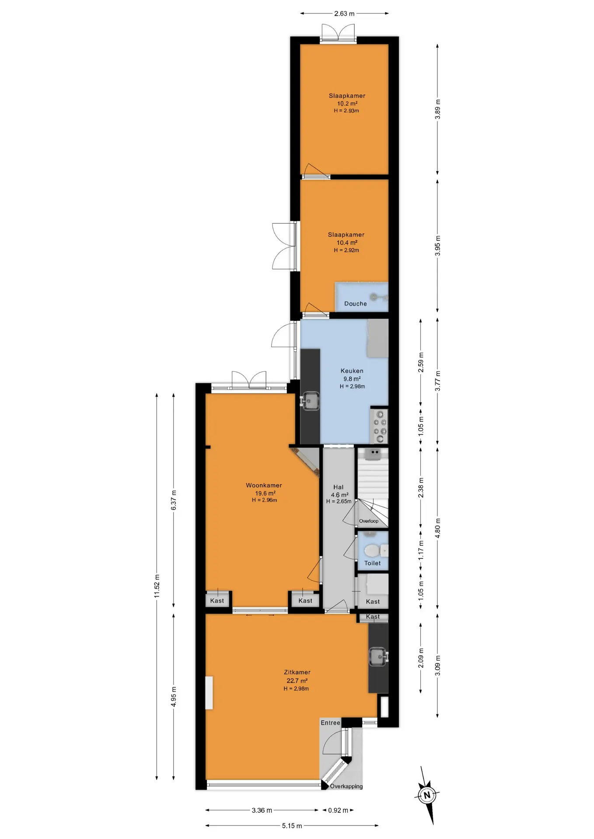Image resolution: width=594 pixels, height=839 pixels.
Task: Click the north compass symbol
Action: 427,795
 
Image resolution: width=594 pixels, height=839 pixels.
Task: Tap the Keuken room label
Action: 352,371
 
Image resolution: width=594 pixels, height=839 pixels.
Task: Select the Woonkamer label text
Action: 264,485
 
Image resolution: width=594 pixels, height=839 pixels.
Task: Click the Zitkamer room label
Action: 297,673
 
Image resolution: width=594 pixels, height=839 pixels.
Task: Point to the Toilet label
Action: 372,563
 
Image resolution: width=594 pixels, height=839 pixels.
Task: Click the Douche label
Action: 355,304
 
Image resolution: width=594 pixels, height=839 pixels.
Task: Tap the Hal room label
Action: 338,487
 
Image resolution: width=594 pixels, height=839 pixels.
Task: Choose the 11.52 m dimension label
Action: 157,586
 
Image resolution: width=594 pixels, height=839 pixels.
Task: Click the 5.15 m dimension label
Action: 292,826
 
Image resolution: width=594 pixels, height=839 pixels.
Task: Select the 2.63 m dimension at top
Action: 344,14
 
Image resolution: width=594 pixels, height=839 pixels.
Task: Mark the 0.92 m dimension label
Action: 338,810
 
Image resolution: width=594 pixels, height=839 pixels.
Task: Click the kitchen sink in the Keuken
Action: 310,401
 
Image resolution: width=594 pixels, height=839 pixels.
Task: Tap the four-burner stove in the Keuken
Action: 379,426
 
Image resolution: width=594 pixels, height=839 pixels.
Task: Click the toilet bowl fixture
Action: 372,551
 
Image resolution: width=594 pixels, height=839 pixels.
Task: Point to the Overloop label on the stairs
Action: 369,521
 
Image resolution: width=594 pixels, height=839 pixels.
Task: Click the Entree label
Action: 330,723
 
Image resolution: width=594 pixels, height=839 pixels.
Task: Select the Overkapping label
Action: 346,786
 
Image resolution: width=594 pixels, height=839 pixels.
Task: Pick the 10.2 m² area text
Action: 347,104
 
